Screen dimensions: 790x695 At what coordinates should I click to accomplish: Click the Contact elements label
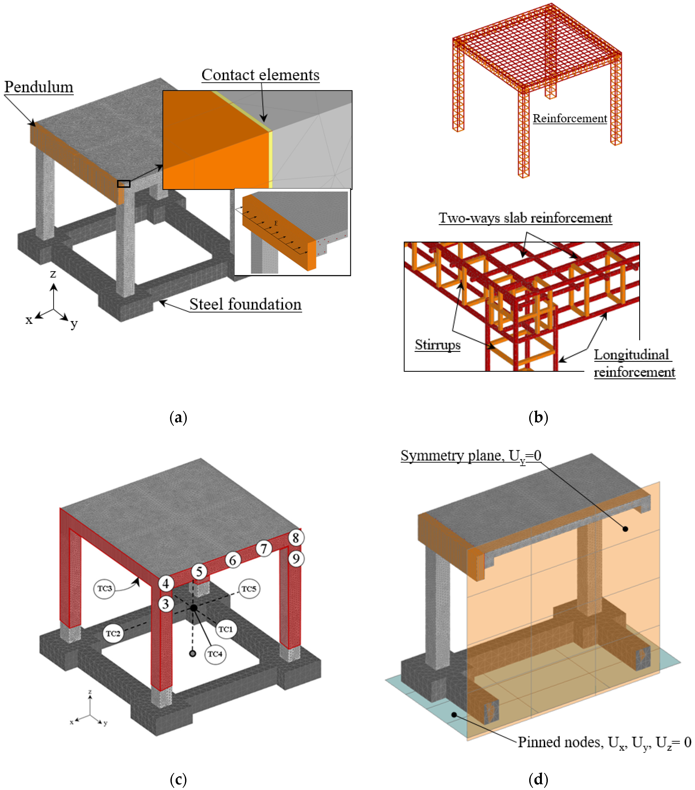[260, 75]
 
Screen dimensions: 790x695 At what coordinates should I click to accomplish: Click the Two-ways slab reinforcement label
[525, 218]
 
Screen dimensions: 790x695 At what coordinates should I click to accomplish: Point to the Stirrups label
[437, 345]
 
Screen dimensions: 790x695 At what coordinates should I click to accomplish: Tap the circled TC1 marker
[225, 629]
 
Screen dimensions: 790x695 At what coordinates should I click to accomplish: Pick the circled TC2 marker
[113, 633]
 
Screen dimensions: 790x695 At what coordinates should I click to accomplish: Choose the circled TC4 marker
[215, 654]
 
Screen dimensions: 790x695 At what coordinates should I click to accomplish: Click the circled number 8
[295, 538]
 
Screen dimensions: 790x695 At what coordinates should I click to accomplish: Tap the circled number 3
[166, 604]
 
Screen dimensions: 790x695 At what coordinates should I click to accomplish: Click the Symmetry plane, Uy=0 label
[470, 456]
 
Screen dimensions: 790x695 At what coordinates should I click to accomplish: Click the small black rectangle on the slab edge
[123, 184]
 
